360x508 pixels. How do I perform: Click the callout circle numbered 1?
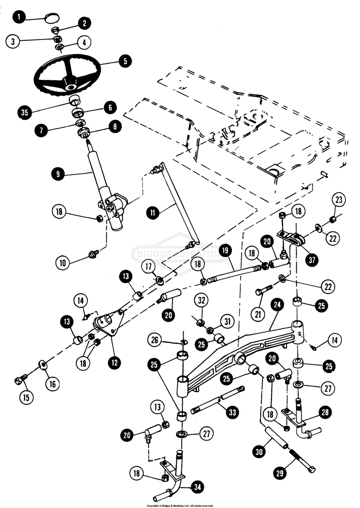click(x=20, y=18)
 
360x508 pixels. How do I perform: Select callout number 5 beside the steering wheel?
click(x=125, y=61)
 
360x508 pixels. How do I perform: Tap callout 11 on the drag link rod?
click(x=153, y=213)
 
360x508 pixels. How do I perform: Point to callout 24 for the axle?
click(x=277, y=305)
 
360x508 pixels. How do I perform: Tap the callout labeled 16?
click(x=52, y=383)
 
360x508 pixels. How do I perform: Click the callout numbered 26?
click(x=154, y=341)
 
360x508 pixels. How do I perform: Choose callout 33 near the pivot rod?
click(x=231, y=413)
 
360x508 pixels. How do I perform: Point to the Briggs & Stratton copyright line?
click(x=180, y=505)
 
